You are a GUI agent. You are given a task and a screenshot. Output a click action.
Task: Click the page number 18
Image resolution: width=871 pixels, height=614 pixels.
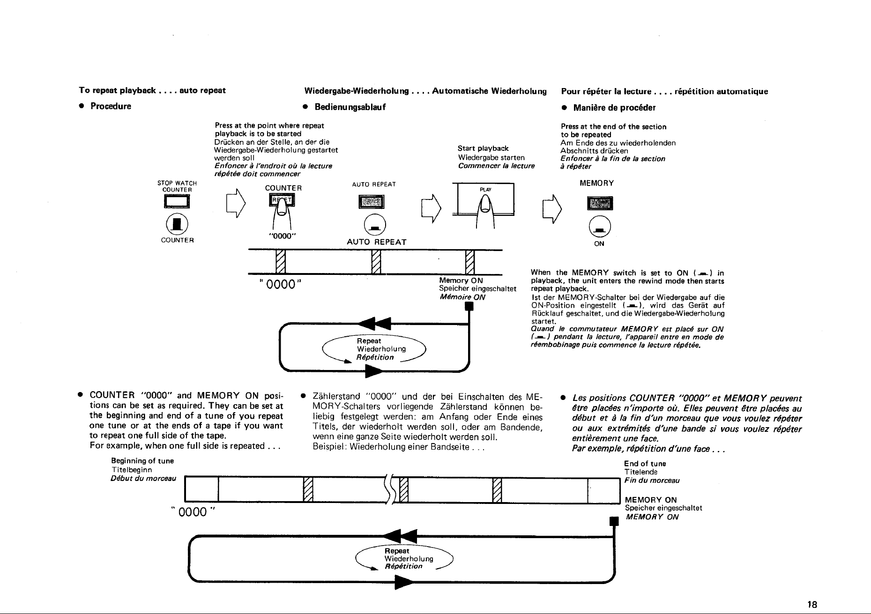pyautogui.click(x=812, y=604)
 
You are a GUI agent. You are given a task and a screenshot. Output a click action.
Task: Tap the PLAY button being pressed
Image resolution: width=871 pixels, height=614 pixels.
pyautogui.click(x=486, y=199)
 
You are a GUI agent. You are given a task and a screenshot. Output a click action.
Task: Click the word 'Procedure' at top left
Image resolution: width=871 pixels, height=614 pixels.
pyautogui.click(x=111, y=106)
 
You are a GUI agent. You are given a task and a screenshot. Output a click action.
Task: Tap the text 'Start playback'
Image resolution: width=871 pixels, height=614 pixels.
pyautogui.click(x=483, y=148)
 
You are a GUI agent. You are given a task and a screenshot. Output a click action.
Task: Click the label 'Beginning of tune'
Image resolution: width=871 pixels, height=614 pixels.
pyautogui.click(x=142, y=461)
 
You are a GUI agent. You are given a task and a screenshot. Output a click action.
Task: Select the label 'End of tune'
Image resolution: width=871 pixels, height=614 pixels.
pyautogui.click(x=645, y=464)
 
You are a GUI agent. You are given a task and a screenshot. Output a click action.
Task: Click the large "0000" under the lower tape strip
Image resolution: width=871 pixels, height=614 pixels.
pyautogui.click(x=196, y=510)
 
